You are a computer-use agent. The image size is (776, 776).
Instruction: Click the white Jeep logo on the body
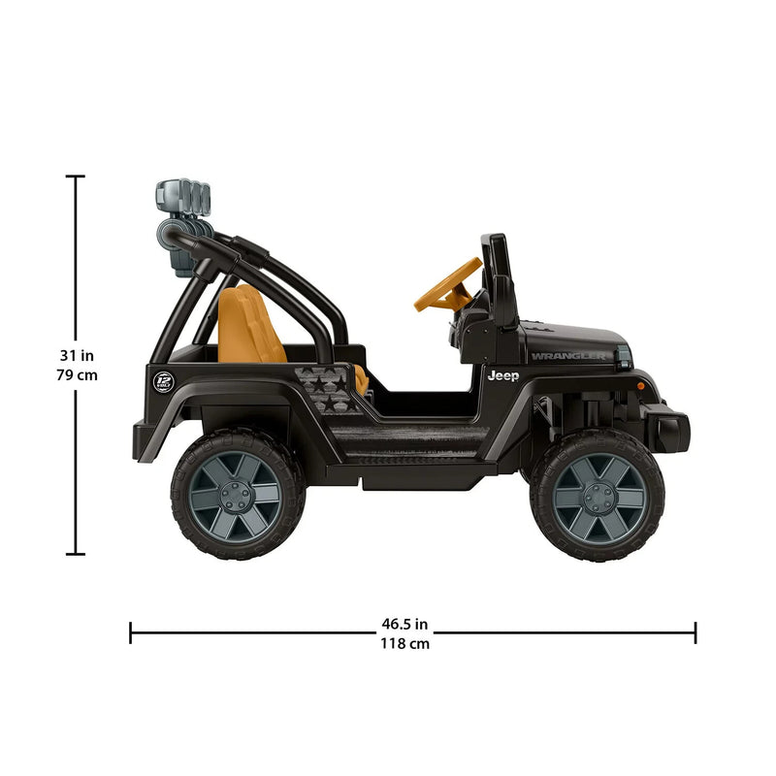tap(502, 375)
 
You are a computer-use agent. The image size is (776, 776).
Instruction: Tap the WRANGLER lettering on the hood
tap(567, 356)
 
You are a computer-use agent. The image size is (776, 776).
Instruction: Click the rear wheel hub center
tap(236, 495)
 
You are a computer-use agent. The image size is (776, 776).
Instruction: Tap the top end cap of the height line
tap(76, 177)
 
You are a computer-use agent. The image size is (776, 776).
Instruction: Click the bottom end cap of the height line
tap(76, 554)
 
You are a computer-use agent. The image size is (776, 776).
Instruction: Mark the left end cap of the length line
tap(131, 633)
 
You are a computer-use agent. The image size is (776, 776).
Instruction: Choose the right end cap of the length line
tap(695, 633)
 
